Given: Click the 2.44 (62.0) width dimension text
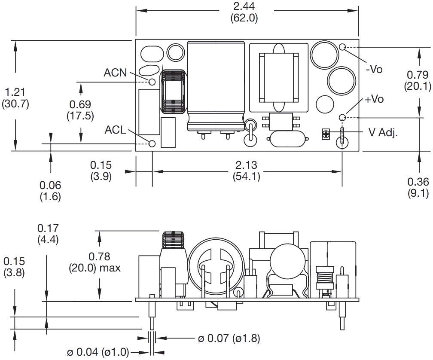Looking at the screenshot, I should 244,12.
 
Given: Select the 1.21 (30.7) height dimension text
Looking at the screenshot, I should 15,98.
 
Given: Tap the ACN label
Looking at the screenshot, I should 115,73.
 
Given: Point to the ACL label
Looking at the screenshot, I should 116,130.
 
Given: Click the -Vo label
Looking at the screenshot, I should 374,69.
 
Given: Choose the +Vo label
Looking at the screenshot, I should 374,99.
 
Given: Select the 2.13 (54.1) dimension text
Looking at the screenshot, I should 246,171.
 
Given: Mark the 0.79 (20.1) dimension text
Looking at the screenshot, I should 417,80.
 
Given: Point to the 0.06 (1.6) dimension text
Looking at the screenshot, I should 50,191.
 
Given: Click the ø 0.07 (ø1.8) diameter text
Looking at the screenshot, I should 229,338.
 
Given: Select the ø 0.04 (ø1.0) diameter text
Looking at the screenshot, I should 98,352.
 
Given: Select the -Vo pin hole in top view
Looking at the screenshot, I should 342,47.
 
